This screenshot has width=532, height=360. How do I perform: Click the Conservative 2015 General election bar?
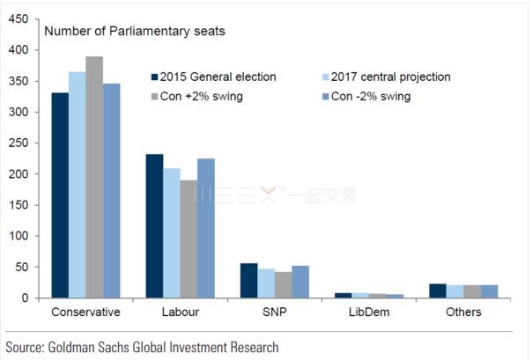click(60, 195)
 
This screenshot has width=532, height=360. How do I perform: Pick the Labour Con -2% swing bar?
click(206, 228)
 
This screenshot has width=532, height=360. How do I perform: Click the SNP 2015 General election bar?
click(249, 281)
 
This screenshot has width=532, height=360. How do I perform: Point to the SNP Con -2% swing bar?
click(300, 282)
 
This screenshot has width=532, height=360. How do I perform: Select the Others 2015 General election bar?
click(438, 290)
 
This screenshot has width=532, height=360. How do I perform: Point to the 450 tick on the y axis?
click(19, 19)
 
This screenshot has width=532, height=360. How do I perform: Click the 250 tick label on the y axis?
click(19, 143)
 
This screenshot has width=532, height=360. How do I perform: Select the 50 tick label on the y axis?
click(23, 267)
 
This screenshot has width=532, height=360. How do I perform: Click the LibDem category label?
click(369, 312)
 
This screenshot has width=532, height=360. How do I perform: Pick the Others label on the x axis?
click(464, 312)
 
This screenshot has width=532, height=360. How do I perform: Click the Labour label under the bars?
click(180, 312)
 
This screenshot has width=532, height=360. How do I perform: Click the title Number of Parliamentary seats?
click(134, 32)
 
